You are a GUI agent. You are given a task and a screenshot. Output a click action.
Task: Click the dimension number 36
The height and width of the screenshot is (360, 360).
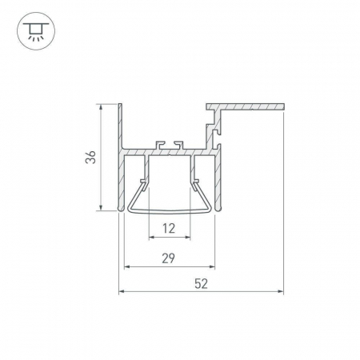[90, 157]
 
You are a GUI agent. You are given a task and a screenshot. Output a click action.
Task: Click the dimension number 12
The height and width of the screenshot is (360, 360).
[169, 228]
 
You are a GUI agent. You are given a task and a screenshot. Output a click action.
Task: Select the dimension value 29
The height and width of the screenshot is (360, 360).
[169, 258]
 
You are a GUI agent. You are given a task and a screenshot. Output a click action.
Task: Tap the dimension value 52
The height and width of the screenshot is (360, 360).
[201, 283]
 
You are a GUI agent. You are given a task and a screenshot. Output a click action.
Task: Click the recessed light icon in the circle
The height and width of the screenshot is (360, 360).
[36, 31]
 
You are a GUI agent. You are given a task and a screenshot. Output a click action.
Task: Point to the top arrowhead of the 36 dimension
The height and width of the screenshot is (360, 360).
[101, 106]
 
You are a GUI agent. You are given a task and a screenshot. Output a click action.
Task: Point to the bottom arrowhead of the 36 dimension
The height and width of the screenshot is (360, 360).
[101, 207]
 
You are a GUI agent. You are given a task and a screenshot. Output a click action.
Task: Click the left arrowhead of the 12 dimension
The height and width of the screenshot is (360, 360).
[152, 237]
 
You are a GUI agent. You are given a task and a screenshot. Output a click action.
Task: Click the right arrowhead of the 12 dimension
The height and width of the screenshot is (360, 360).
[187, 237]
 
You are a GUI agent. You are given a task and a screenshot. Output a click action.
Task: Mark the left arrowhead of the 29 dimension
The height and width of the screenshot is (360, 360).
[127, 266]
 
